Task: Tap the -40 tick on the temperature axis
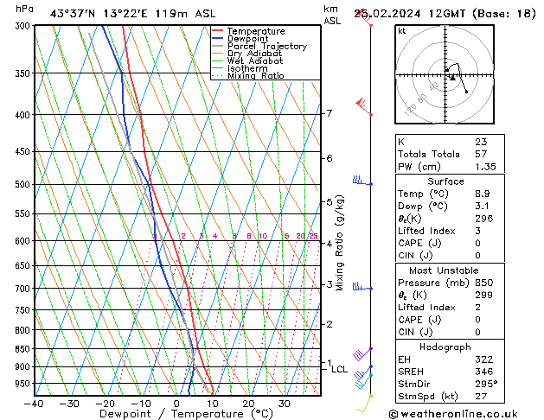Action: pos(35,403)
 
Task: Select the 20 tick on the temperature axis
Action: pos(248,403)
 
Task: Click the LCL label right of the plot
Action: pos(340,369)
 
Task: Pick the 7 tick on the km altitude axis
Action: pos(329,113)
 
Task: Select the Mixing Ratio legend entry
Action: pos(256,76)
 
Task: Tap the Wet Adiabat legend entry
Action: pos(254,61)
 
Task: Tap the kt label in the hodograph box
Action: pos(402,30)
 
